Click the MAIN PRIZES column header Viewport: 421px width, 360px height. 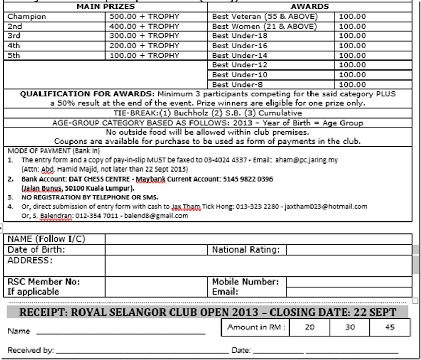(105, 7)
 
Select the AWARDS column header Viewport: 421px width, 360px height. (310, 7)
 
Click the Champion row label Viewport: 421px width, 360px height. (27, 16)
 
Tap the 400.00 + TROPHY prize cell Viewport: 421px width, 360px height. (142, 26)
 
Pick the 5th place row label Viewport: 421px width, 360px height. (15, 55)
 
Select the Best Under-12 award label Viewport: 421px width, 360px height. (239, 65)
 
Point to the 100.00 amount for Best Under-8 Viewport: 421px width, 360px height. (352, 84)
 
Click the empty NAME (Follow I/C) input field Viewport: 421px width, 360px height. (258, 239)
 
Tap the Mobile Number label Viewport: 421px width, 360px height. (245, 282)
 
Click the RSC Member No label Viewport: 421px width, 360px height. (43, 282)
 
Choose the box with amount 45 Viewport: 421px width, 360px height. (390, 327)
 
